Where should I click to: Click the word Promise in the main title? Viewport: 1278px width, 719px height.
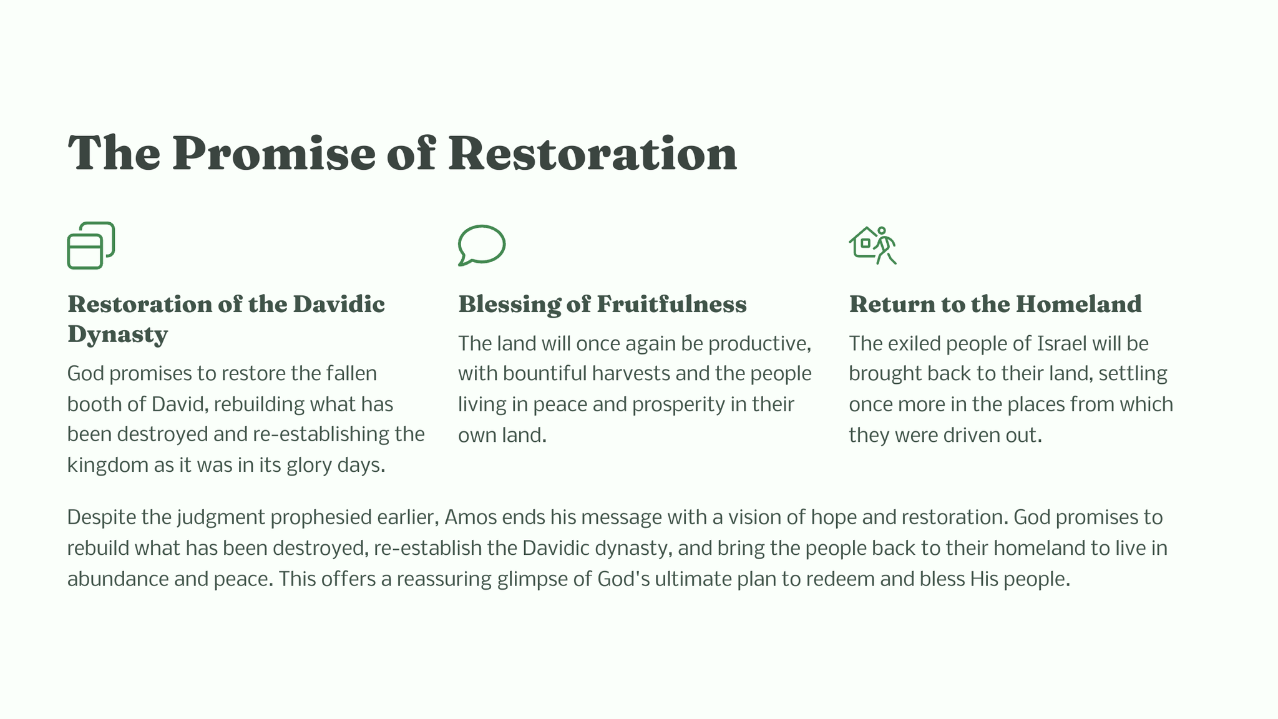[x=274, y=154]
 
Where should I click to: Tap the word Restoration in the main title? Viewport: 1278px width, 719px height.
[x=593, y=154]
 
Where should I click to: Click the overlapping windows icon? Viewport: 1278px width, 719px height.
[x=91, y=246]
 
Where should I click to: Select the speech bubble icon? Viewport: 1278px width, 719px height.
[x=482, y=245]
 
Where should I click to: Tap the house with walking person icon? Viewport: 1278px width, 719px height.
[x=872, y=245]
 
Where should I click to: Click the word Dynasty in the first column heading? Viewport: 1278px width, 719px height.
[x=117, y=335]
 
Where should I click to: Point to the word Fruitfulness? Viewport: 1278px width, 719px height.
[x=671, y=305]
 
